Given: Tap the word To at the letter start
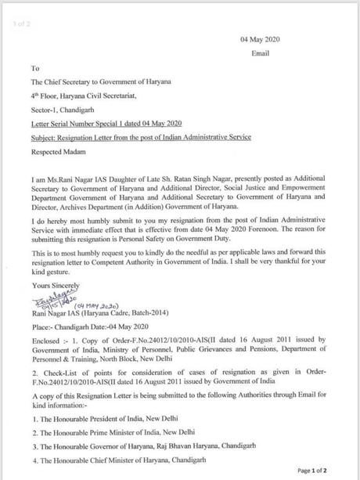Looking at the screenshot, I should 35,68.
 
